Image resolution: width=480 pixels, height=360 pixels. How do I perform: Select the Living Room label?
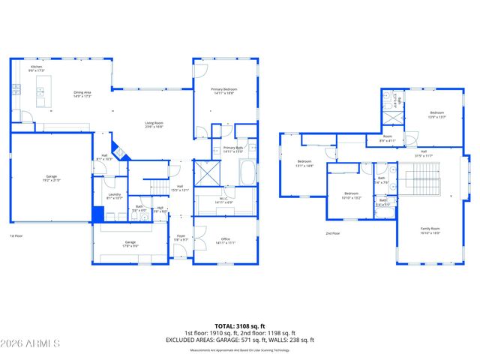pyautogui.click(x=154, y=125)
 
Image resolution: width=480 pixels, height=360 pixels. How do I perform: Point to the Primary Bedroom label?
pyautogui.click(x=225, y=91)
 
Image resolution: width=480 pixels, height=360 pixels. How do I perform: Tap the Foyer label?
pyautogui.click(x=181, y=238)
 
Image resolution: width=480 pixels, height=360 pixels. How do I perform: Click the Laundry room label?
pyautogui.click(x=114, y=196)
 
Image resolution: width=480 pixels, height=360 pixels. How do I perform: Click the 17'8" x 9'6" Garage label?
pyautogui.click(x=130, y=244)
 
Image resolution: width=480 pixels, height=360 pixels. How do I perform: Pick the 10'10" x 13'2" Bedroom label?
pyautogui.click(x=351, y=194)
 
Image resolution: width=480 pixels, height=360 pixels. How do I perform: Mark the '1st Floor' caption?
pyautogui.click(x=16, y=236)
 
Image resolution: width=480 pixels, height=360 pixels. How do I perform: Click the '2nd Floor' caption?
pyautogui.click(x=333, y=233)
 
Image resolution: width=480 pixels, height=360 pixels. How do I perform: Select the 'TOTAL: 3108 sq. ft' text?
pyautogui.click(x=240, y=325)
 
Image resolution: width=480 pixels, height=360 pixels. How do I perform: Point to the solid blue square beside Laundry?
pyautogui.click(x=97, y=214)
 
